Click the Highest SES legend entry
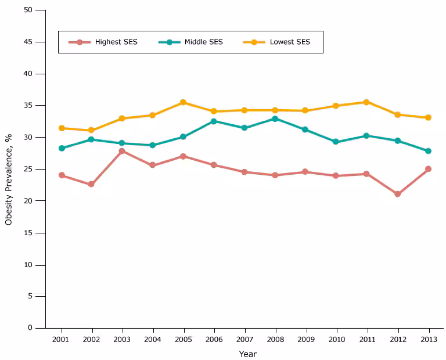click(103, 42)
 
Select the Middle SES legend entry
click(191, 42)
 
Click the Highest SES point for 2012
click(397, 194)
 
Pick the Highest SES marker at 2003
click(122, 151)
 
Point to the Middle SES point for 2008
click(275, 118)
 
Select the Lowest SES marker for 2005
click(183, 102)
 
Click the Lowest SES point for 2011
click(366, 102)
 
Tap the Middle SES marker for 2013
click(428, 151)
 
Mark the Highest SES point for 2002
click(91, 184)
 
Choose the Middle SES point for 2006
click(214, 121)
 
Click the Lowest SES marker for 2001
click(61, 128)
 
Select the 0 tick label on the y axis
click(31, 328)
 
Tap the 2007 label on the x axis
click(244, 339)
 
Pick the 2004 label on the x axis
click(152, 339)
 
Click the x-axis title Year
click(247, 354)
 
